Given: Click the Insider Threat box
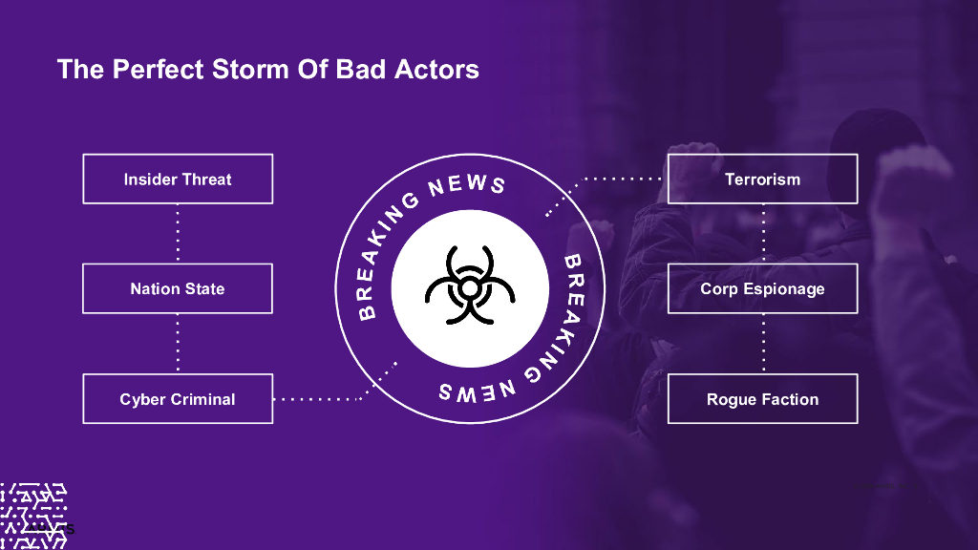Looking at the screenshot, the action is [x=178, y=179].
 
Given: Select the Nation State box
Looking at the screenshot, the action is [x=178, y=288].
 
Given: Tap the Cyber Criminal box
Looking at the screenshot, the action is [x=178, y=399].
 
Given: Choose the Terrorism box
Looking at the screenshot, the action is [x=762, y=179].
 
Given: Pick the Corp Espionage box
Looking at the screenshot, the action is [x=762, y=288].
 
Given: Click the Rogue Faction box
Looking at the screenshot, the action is [x=762, y=399].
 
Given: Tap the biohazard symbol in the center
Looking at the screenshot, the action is [x=469, y=287].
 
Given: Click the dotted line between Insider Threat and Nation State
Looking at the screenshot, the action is [x=178, y=233].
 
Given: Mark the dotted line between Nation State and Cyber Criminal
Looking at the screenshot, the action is [x=178, y=344].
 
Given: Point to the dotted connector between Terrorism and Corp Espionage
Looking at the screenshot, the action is [x=762, y=233].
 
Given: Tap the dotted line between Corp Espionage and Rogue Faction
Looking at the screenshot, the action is [x=762, y=344].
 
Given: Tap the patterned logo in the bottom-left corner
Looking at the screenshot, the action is [x=33, y=516].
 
